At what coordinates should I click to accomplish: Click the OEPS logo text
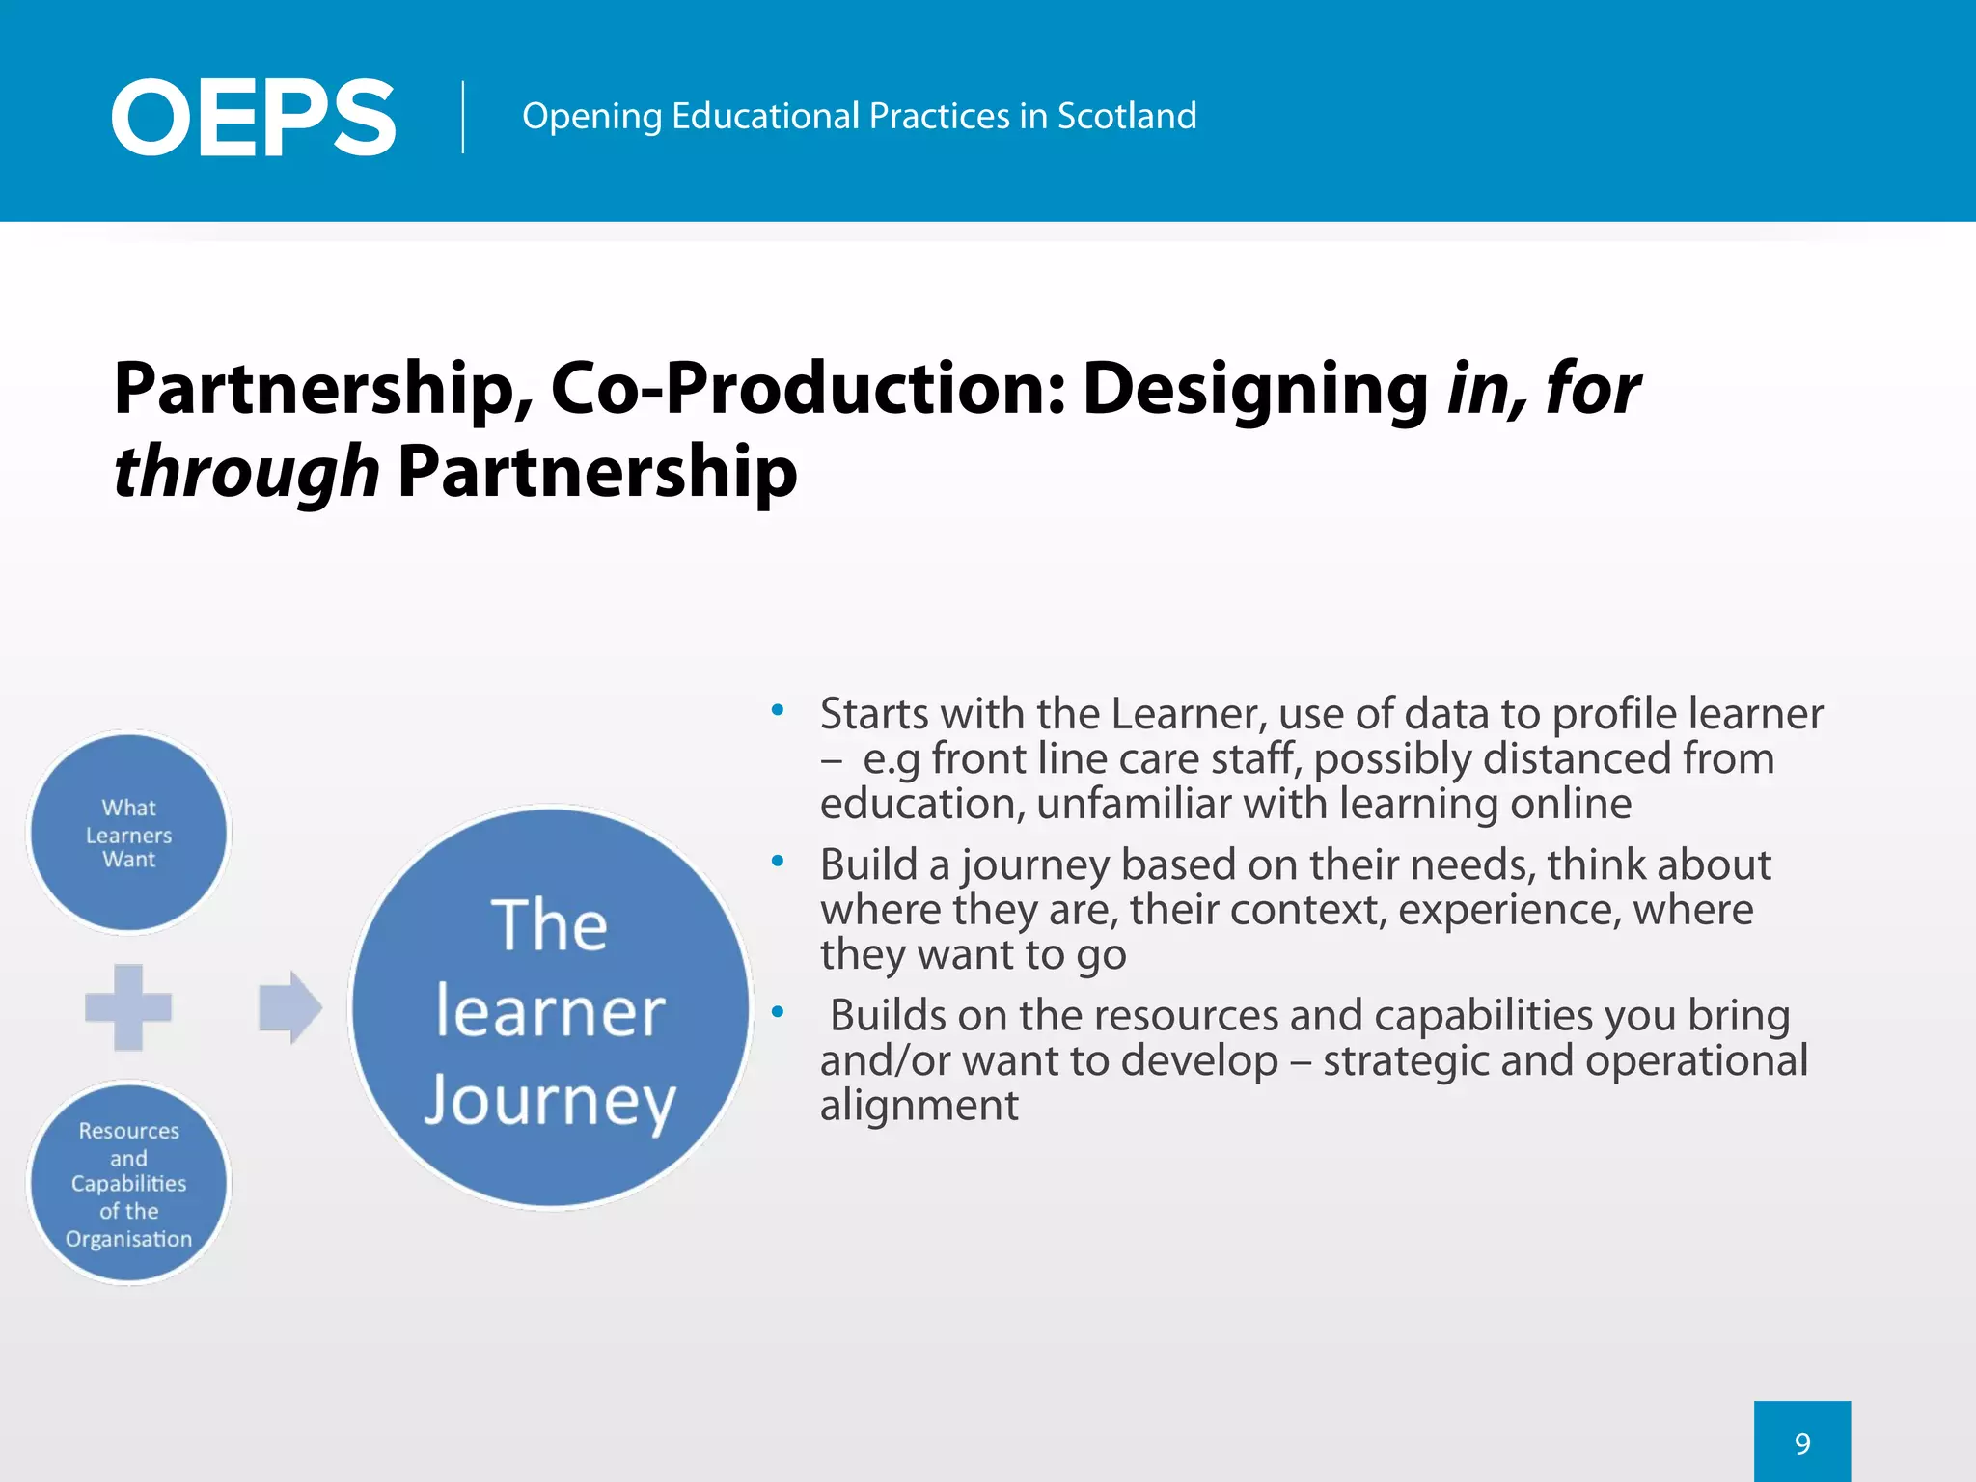(x=253, y=118)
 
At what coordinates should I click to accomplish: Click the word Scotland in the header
(x=1127, y=116)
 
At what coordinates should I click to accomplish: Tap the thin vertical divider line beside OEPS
(x=463, y=117)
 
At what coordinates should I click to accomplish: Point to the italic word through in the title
(x=246, y=472)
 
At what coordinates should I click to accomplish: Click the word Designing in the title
(x=1255, y=389)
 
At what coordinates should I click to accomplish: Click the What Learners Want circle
(x=129, y=833)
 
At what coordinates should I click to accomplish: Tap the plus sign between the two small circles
(x=128, y=1006)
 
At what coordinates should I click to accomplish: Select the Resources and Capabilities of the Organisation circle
(x=129, y=1183)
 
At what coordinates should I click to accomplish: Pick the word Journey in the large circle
(x=550, y=1100)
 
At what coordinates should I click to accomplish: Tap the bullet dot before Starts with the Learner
(x=778, y=712)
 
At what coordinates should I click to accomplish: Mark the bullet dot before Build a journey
(x=778, y=862)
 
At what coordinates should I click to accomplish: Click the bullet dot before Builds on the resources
(x=778, y=1012)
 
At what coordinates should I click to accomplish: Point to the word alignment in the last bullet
(x=919, y=1105)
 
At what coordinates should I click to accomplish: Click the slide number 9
(x=1802, y=1443)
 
